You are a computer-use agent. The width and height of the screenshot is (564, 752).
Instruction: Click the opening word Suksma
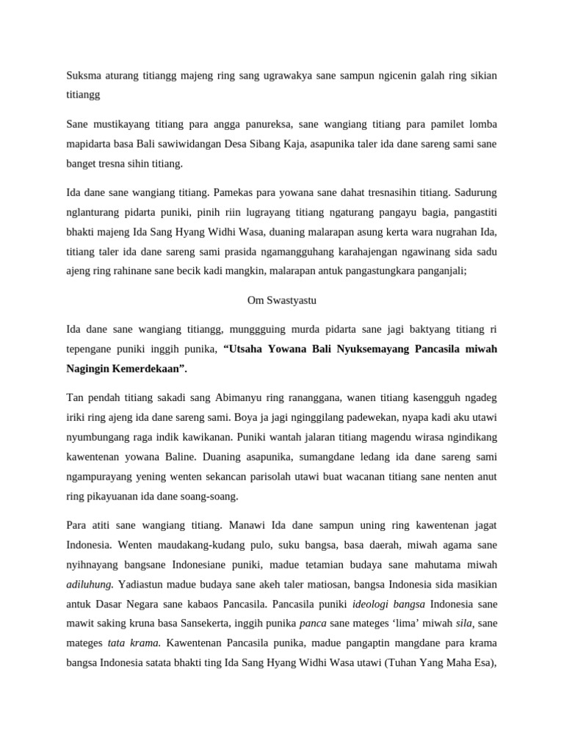83,76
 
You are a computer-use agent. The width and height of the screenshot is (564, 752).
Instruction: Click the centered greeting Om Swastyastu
281,300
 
